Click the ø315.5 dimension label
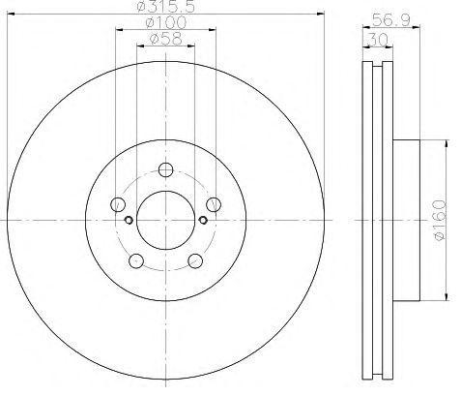click(165, 7)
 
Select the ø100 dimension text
click(166, 22)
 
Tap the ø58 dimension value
click(166, 39)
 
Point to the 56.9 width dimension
click(391, 20)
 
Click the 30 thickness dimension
click(378, 40)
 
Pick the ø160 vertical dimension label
click(440, 220)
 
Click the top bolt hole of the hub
click(165, 169)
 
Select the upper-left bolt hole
click(118, 204)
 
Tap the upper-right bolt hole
click(214, 204)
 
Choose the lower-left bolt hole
click(136, 260)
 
